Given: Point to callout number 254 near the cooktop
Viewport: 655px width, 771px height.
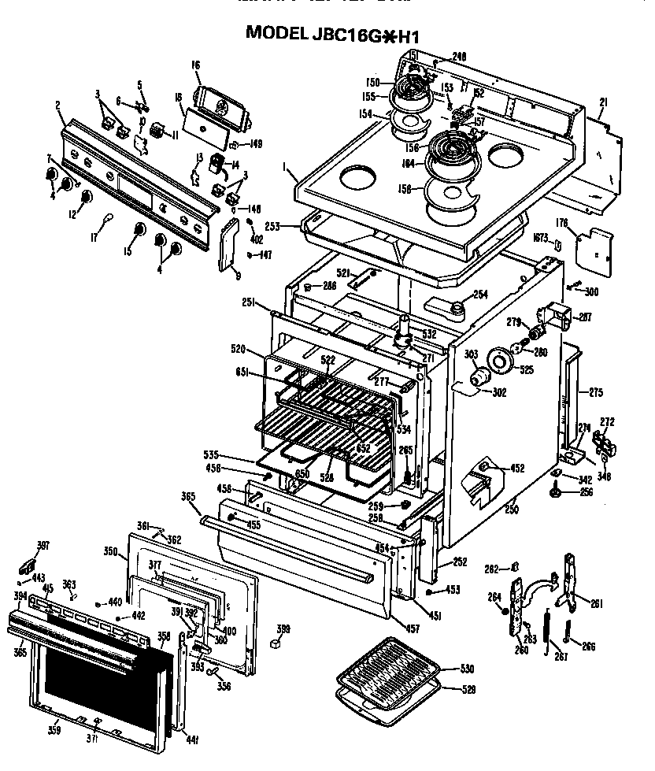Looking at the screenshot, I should click(x=480, y=295).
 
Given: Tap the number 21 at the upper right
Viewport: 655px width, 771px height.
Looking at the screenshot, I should click(x=603, y=102).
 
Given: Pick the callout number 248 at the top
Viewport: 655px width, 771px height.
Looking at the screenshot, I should click(x=460, y=56).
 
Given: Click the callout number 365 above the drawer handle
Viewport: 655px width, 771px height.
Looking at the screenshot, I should click(x=188, y=496).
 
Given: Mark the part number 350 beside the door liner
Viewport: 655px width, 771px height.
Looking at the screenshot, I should click(x=110, y=553).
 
